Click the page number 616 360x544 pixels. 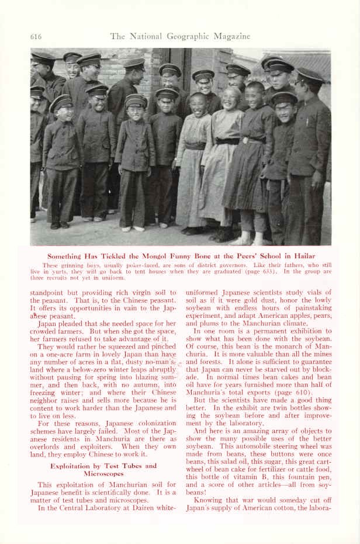coord(36,36)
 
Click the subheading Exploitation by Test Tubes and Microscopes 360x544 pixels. coord(103,470)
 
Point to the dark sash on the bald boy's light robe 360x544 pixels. coord(227,141)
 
